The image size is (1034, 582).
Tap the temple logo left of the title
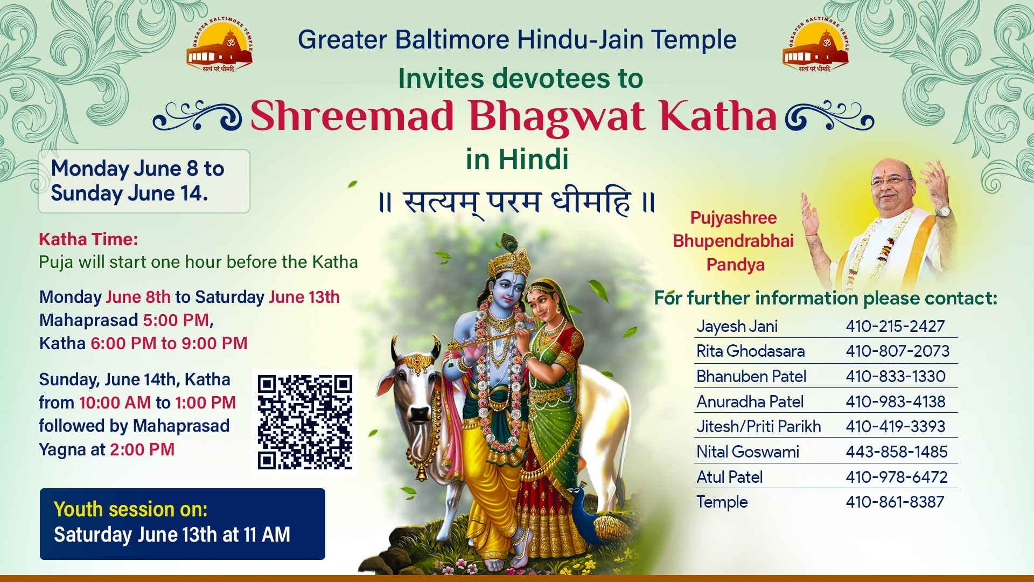pos(219,46)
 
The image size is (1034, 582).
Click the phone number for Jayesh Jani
pos(895,326)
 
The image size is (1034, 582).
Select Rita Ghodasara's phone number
pos(897,351)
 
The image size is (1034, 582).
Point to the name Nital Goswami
pos(747,452)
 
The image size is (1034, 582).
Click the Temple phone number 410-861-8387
pos(895,502)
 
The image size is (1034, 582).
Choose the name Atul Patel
pos(730,477)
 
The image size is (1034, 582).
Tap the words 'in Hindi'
pos(517,160)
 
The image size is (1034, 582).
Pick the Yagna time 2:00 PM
pos(142,449)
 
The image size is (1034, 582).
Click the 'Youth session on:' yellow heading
pos(131,509)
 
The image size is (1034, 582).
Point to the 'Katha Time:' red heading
pos(88,239)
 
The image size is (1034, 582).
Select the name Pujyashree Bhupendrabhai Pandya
pos(733,241)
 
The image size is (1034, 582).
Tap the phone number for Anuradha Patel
pos(895,401)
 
